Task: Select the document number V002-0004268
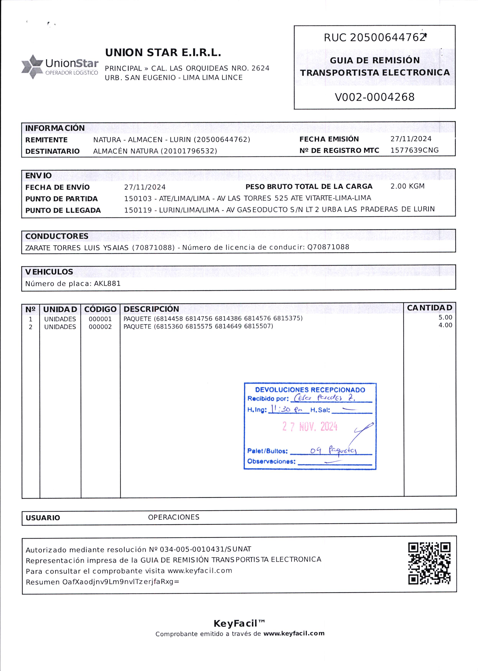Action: click(374, 97)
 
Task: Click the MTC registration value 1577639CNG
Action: click(414, 150)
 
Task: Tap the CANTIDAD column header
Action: click(429, 308)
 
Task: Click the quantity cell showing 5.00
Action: click(445, 317)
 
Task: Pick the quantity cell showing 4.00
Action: click(445, 325)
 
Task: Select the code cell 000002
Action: click(100, 327)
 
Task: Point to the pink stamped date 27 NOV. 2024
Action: click(310, 427)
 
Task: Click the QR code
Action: click(429, 563)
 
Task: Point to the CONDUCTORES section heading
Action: click(57, 236)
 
